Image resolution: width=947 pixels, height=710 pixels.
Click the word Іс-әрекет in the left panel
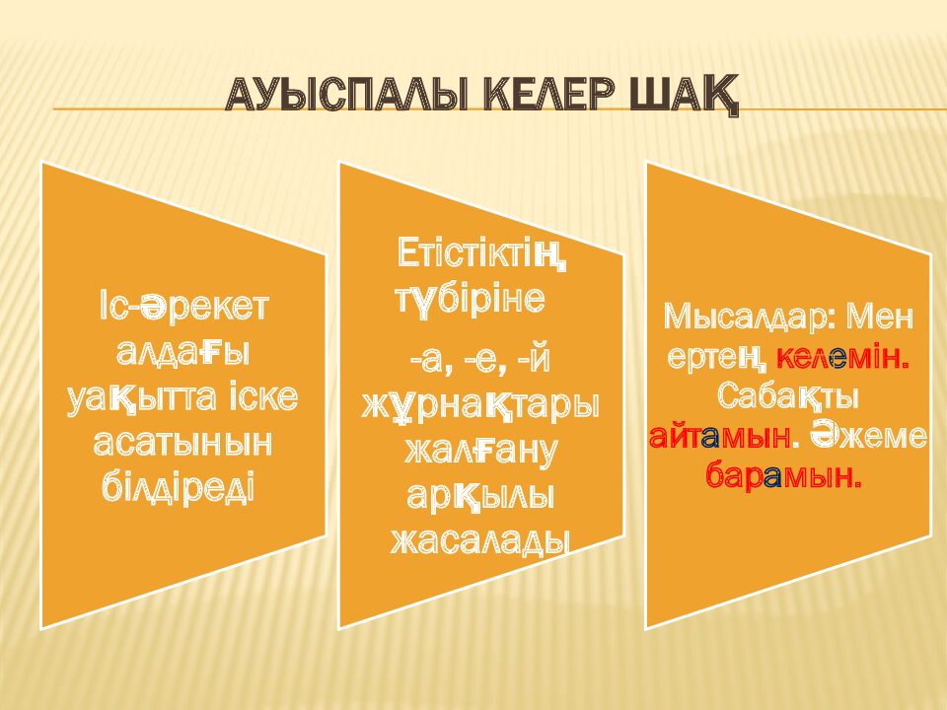coord(183,307)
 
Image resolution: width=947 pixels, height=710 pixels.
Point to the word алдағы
coord(183,352)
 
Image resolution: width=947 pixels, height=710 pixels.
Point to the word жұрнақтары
coord(480,405)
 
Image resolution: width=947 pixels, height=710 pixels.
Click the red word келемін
coord(842,356)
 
